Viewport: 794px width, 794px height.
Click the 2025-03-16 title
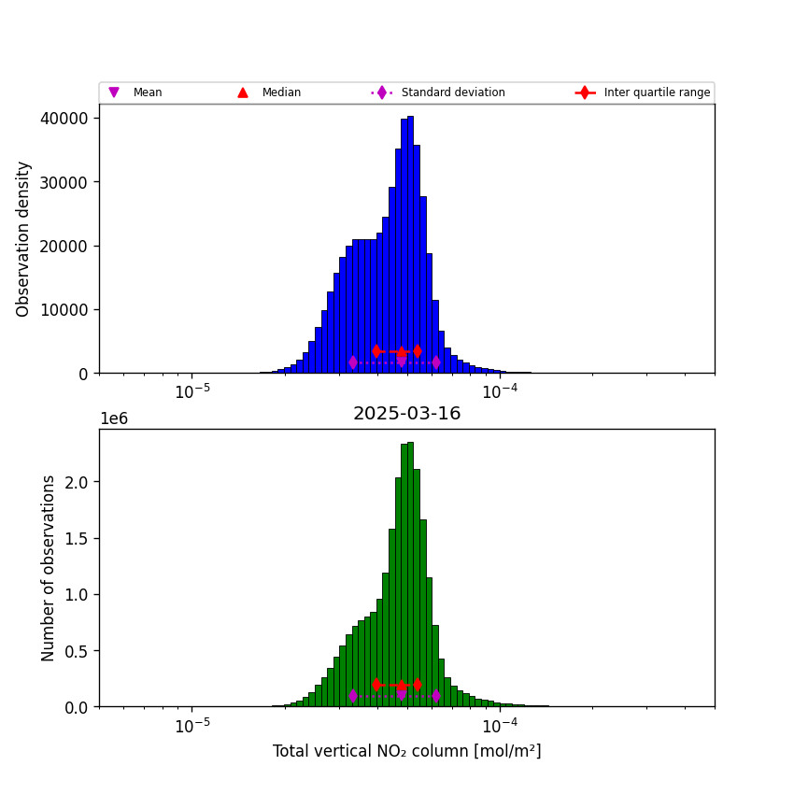click(x=406, y=414)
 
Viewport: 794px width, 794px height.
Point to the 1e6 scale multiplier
click(x=113, y=418)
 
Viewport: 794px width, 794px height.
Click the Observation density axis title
click(x=24, y=238)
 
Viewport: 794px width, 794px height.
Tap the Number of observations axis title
click(x=49, y=568)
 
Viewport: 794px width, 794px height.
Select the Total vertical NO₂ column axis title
click(x=406, y=751)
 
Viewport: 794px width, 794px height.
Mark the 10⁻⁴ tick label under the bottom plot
click(x=500, y=725)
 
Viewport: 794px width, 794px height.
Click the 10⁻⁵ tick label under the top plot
click(x=191, y=391)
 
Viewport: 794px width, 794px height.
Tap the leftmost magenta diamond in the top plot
click(x=353, y=362)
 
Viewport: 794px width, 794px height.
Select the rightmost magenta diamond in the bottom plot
click(x=435, y=696)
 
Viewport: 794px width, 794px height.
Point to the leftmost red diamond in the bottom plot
click(x=376, y=685)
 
